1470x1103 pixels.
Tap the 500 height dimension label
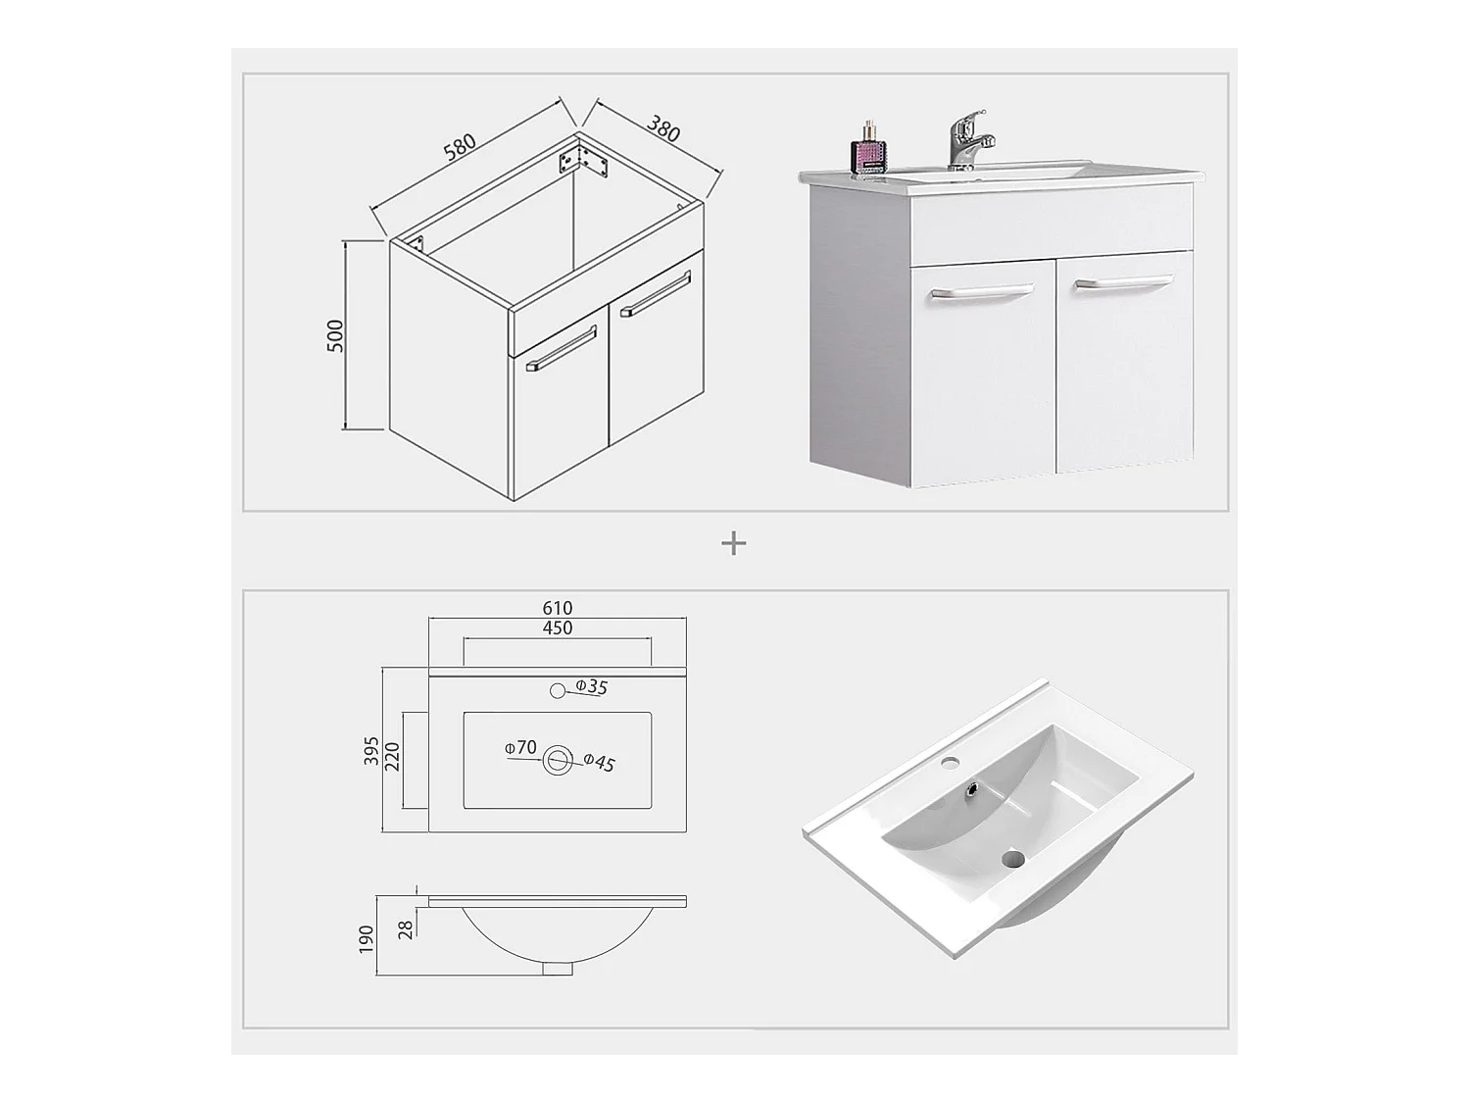tap(335, 336)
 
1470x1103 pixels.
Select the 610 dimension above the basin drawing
tap(558, 608)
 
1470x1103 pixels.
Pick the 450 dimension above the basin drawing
tap(558, 627)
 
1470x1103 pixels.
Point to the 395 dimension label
tap(371, 751)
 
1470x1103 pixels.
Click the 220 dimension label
tap(392, 757)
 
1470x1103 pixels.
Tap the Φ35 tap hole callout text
tap(591, 686)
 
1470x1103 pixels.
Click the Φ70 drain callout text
tap(520, 747)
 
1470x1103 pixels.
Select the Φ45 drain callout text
tap(599, 762)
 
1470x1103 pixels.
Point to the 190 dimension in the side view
tap(366, 939)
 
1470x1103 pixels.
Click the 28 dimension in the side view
tap(406, 930)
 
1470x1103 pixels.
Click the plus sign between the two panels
tap(734, 543)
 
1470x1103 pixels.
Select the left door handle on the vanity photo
tap(982, 290)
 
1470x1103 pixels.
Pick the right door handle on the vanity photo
tap(1124, 283)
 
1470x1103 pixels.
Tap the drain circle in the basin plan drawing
tap(558, 760)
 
